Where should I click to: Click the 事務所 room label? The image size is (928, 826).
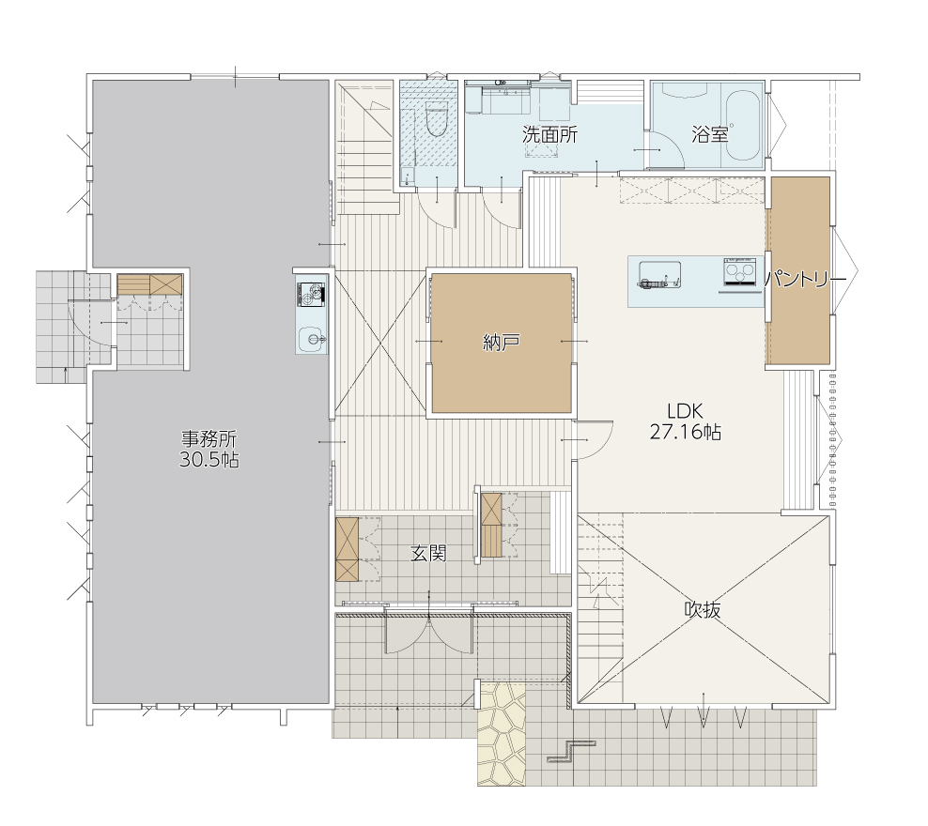pos(209,439)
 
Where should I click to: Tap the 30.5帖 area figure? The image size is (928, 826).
pos(209,460)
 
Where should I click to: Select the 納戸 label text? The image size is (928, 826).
pos(502,343)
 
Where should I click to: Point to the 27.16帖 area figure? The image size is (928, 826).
pos(686,432)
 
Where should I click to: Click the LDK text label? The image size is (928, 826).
pos(685,411)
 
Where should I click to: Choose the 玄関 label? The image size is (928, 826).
pos(428,554)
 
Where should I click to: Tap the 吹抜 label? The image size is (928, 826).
pos(703,609)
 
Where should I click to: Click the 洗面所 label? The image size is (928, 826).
pos(549,135)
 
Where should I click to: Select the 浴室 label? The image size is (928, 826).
pos(709,135)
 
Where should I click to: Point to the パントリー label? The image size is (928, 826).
pos(806,279)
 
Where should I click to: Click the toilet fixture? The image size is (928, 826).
pos(437,118)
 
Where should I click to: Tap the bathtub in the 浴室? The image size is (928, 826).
pos(743,126)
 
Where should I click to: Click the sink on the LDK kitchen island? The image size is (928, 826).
pos(659,275)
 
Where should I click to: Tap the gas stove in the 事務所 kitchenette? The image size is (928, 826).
pos(311,295)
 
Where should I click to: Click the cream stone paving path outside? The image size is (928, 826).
pos(501,734)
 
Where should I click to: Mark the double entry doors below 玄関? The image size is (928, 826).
pos(429,632)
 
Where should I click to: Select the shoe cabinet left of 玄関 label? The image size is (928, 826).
pos(348,549)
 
